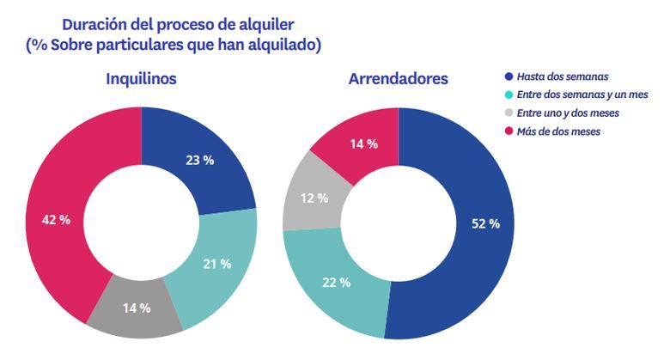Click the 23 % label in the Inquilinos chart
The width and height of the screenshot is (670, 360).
(x=200, y=161)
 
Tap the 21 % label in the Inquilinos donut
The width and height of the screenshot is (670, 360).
(x=216, y=264)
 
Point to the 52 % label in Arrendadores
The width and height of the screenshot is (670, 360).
(x=486, y=223)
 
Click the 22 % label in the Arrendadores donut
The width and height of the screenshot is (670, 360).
(x=336, y=282)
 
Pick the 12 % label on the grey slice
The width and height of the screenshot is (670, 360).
(x=315, y=198)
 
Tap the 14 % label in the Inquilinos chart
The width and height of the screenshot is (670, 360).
(x=136, y=308)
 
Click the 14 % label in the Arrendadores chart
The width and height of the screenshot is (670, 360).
(x=363, y=143)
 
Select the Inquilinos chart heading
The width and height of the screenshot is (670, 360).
(x=141, y=79)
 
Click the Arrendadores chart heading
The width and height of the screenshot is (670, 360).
(x=398, y=79)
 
